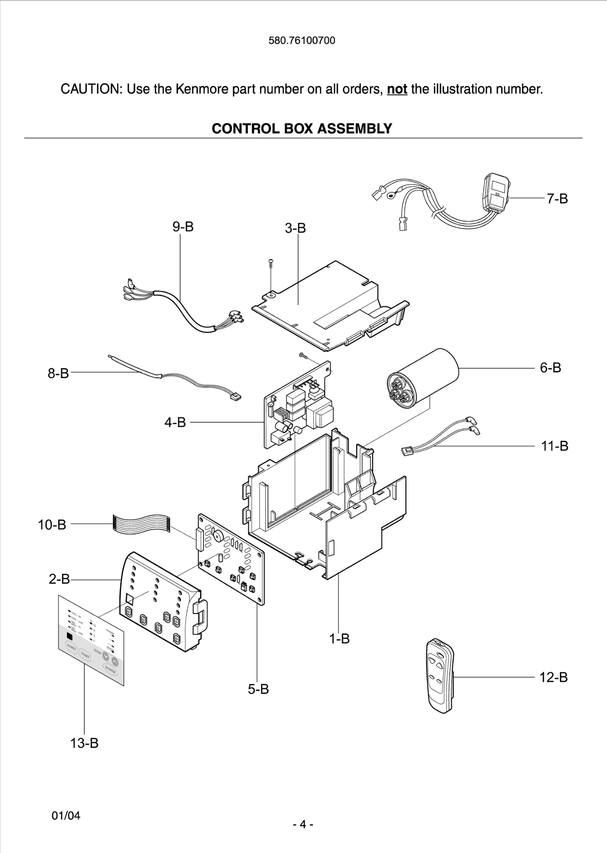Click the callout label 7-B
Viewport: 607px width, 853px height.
tap(557, 199)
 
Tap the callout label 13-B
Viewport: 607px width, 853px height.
tap(84, 743)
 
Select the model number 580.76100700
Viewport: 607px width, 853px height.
tap(302, 40)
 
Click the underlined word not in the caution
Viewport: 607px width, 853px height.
tap(396, 89)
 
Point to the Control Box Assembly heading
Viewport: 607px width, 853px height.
tap(302, 129)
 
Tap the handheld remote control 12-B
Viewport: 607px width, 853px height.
tap(440, 676)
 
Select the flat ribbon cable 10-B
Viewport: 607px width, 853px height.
tap(141, 523)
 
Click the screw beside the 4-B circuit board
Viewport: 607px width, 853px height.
tap(302, 355)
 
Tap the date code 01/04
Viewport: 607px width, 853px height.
tap(66, 816)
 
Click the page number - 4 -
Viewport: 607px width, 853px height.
tap(303, 824)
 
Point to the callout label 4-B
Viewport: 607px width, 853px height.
tap(175, 423)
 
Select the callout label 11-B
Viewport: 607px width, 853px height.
tap(554, 446)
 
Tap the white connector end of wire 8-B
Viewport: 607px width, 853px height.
tap(235, 398)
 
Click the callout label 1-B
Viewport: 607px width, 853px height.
tap(339, 638)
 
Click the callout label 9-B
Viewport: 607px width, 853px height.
tap(183, 227)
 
